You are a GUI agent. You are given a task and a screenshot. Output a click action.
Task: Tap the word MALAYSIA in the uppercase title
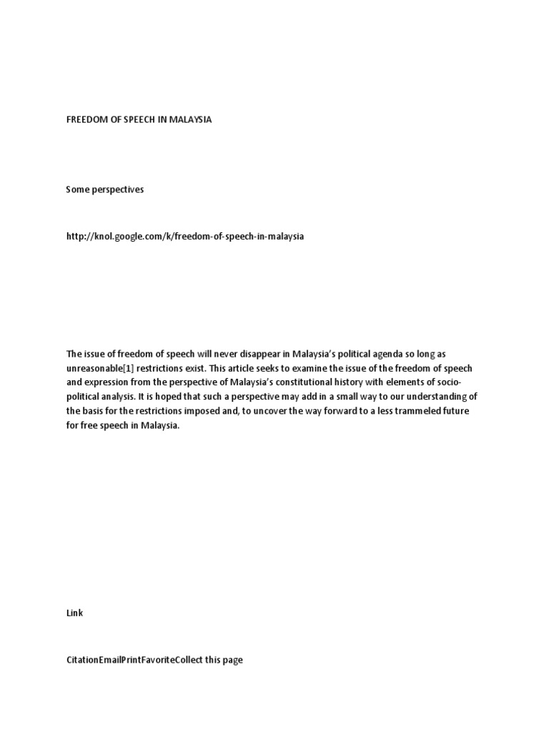pos(190,120)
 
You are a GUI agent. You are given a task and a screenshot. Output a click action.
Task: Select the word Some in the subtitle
pos(78,189)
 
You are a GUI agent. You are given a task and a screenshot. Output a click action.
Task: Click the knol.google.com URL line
pos(184,236)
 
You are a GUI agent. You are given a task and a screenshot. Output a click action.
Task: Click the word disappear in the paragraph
pos(263,354)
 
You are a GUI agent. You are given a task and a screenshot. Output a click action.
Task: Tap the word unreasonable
pos(94,367)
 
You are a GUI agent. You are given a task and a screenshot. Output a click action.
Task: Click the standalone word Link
pos(74,613)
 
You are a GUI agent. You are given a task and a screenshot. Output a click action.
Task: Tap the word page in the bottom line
pos(233,660)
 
